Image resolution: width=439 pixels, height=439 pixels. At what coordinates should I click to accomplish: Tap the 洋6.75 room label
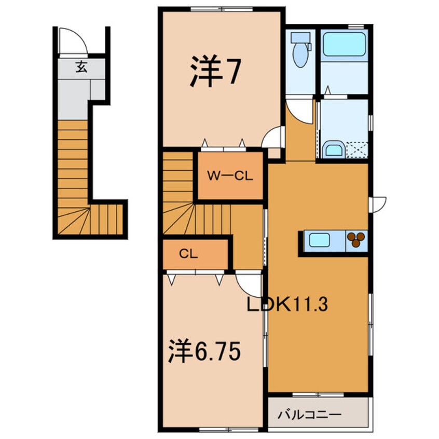tap(204, 353)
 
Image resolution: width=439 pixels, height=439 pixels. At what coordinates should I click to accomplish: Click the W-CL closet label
tap(230, 176)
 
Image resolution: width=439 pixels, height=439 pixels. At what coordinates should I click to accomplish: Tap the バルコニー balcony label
tap(309, 415)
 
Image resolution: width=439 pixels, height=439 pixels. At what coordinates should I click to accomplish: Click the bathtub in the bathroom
tap(344, 45)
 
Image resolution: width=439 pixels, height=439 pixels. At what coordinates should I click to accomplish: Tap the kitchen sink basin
tap(319, 240)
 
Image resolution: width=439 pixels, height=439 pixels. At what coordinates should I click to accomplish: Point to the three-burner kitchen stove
tap(356, 239)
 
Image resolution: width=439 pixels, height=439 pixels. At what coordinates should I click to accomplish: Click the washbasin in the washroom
tap(333, 150)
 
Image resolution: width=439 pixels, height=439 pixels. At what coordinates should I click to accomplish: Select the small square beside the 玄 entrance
tap(98, 89)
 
